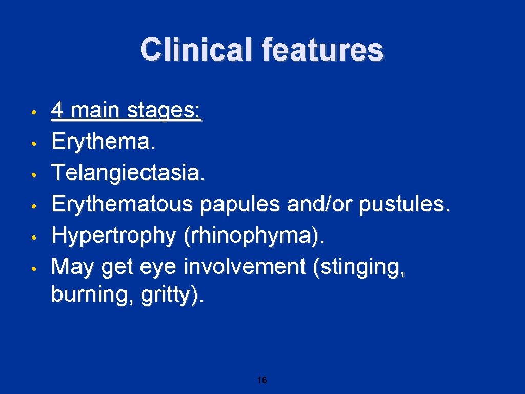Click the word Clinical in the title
click(196, 50)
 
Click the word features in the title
click(322, 50)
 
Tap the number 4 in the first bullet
click(58, 110)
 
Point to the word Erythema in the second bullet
click(101, 142)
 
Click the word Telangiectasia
click(128, 173)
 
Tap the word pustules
click(402, 204)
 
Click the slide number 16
click(262, 380)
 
